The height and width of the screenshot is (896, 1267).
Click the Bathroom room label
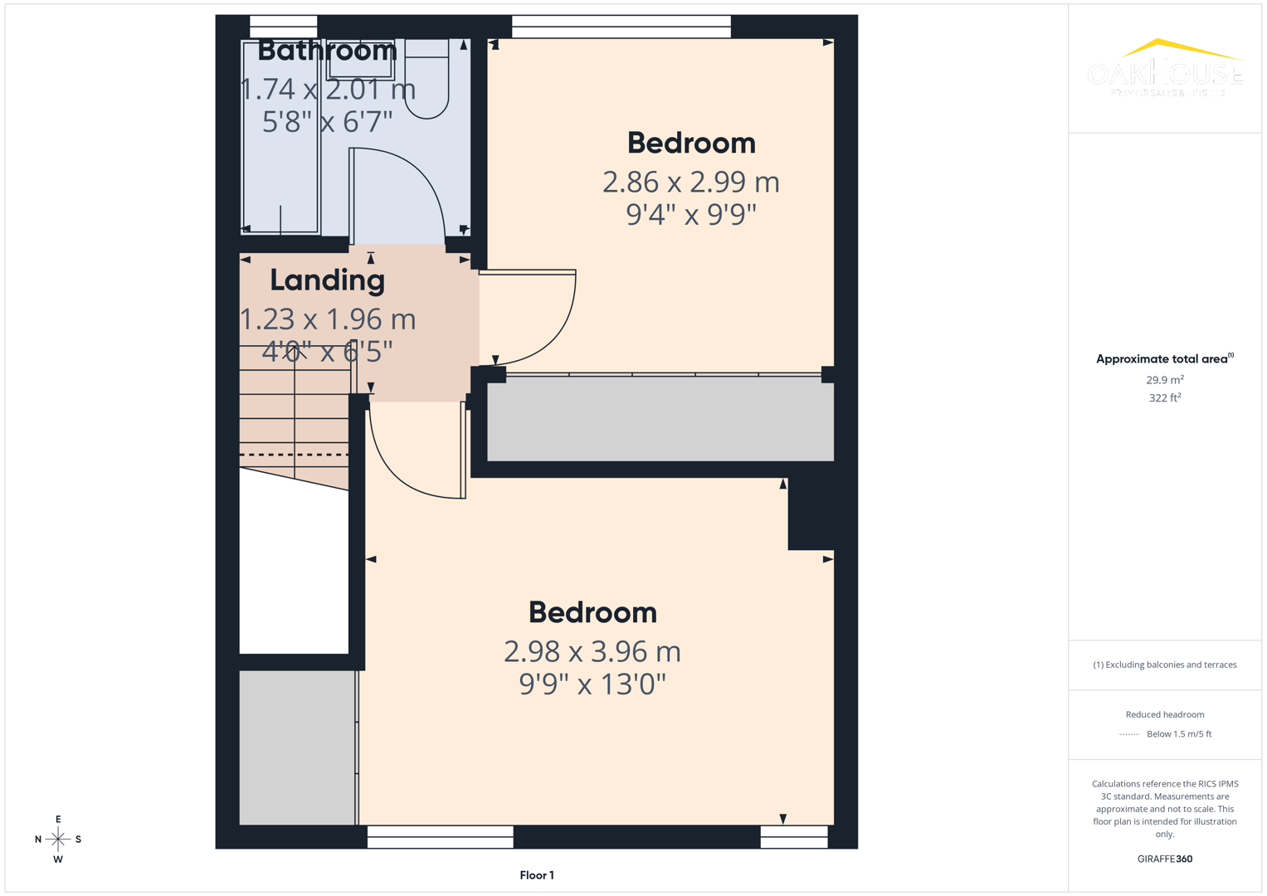click(x=327, y=51)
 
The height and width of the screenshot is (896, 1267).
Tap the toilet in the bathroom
click(x=426, y=83)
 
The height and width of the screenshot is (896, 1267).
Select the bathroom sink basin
click(x=360, y=58)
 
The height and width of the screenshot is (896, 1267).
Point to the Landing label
click(x=327, y=280)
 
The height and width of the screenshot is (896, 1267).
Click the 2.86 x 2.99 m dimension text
click(x=690, y=182)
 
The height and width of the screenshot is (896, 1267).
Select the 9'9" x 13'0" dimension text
click(x=592, y=684)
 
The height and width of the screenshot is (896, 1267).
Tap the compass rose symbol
click(x=58, y=839)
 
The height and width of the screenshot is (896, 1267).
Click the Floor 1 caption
click(x=537, y=875)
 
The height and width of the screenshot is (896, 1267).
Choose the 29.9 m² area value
click(x=1164, y=380)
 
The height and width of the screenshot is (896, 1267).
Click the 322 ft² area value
click(x=1164, y=398)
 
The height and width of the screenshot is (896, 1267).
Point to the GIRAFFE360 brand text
click(x=1164, y=859)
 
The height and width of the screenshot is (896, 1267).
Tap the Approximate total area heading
click(x=1164, y=359)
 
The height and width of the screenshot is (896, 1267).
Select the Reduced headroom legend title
click(x=1164, y=714)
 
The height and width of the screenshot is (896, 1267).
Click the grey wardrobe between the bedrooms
click(x=660, y=419)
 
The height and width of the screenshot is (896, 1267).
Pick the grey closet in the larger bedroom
click(x=297, y=747)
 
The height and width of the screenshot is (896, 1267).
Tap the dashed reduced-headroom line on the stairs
click(x=294, y=455)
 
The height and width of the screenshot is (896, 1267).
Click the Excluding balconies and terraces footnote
click(x=1164, y=665)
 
